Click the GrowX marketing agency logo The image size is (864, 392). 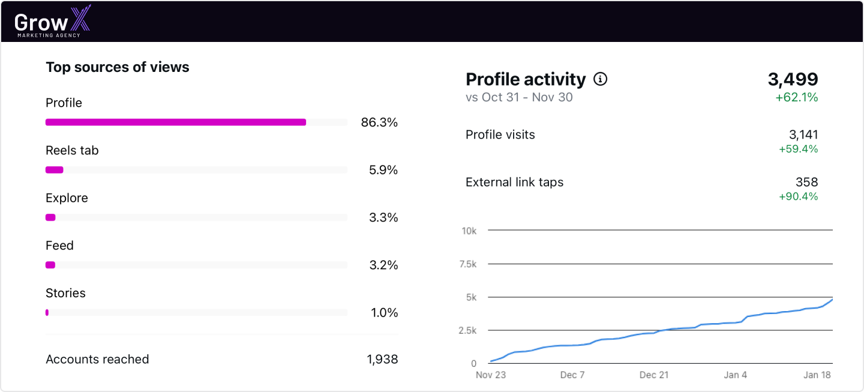(53, 22)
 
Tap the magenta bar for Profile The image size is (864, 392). (176, 122)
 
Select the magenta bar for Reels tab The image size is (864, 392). (55, 170)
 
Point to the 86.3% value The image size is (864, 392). (379, 123)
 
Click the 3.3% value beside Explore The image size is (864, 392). (383, 218)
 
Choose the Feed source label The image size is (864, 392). (59, 246)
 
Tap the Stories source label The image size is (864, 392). (65, 293)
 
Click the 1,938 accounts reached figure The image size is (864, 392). (382, 360)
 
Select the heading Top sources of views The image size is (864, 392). (118, 67)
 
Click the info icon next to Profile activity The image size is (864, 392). (600, 79)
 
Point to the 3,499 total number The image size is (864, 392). (793, 79)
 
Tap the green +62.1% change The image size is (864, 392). (796, 98)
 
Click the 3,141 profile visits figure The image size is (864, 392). (803, 135)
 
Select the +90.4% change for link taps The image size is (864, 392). (798, 197)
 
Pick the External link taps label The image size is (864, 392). (514, 182)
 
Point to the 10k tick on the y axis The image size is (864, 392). (469, 231)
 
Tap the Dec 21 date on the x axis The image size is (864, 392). (653, 375)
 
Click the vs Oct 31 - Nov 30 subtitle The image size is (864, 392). (519, 97)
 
